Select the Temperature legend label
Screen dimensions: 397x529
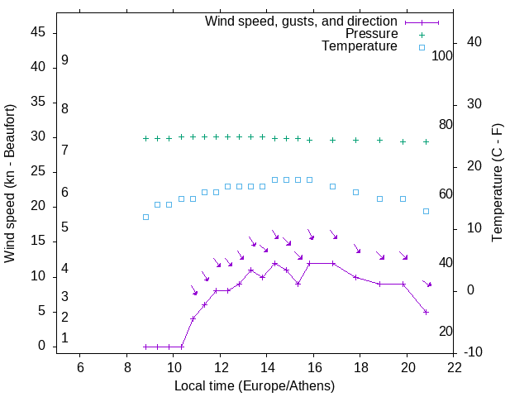pos(360,47)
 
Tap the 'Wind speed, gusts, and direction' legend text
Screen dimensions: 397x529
pos(302,21)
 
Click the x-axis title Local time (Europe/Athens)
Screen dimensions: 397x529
pos(255,385)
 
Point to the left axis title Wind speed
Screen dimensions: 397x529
pos(10,184)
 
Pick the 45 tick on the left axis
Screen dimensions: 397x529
pos(39,32)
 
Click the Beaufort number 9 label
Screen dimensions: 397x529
pos(64,60)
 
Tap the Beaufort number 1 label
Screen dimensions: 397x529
pos(64,338)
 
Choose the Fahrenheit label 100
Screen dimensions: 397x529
pos(442,55)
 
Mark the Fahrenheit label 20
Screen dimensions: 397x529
pos(446,332)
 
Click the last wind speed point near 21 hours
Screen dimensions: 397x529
pos(427,312)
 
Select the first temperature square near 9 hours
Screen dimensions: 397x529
pos(145,218)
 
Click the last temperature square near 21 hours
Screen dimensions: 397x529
pos(427,211)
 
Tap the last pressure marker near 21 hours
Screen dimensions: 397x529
pos(427,141)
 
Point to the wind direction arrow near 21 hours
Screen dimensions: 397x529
pos(427,284)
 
